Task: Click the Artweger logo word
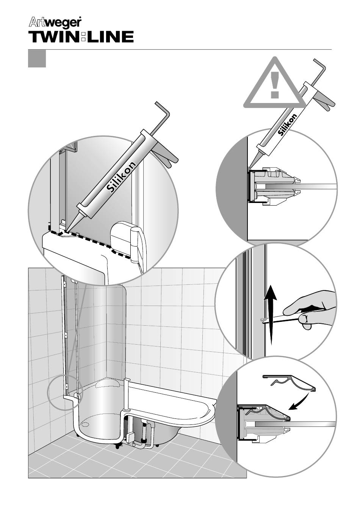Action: pyautogui.click(x=55, y=23)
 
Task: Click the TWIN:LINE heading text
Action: pyautogui.click(x=81, y=37)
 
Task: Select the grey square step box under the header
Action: pyautogui.click(x=37, y=59)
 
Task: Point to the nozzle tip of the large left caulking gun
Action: pyautogui.click(x=66, y=231)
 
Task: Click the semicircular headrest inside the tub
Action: pyautogui.click(x=108, y=383)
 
